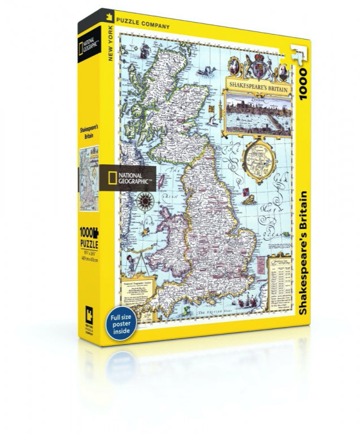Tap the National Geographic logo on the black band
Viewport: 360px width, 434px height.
pos(129,177)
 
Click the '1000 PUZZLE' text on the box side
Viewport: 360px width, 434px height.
pos(89,237)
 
